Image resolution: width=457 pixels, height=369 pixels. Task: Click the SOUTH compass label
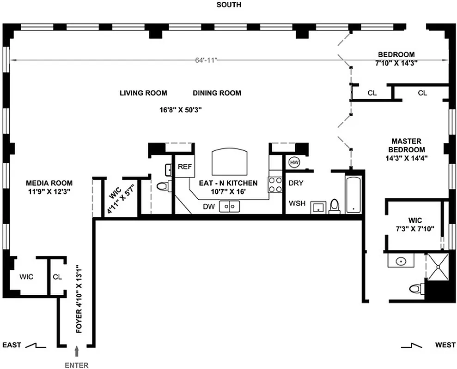tap(228, 5)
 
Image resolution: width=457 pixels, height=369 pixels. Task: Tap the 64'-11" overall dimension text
tap(206, 60)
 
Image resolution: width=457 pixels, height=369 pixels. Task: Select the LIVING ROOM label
tap(143, 93)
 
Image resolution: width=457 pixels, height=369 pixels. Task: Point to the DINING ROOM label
tap(217, 93)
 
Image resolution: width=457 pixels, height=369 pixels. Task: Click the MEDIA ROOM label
tap(49, 183)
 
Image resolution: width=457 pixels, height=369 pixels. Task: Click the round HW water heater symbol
tap(294, 163)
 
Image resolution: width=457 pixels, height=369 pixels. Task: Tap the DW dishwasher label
tap(208, 207)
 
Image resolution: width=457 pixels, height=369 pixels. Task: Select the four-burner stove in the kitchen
tap(275, 185)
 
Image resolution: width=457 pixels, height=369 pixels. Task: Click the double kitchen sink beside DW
tap(230, 207)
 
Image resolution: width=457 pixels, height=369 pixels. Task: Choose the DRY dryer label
tap(296, 183)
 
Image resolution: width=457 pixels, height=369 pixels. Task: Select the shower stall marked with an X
tap(437, 266)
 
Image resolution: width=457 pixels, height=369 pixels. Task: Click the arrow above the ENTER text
tap(77, 352)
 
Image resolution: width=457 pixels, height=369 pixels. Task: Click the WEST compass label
tap(445, 345)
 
